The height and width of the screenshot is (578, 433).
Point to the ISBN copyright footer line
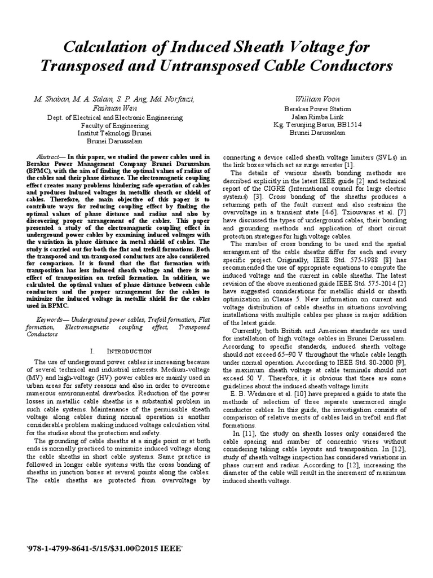pos(105,548)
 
